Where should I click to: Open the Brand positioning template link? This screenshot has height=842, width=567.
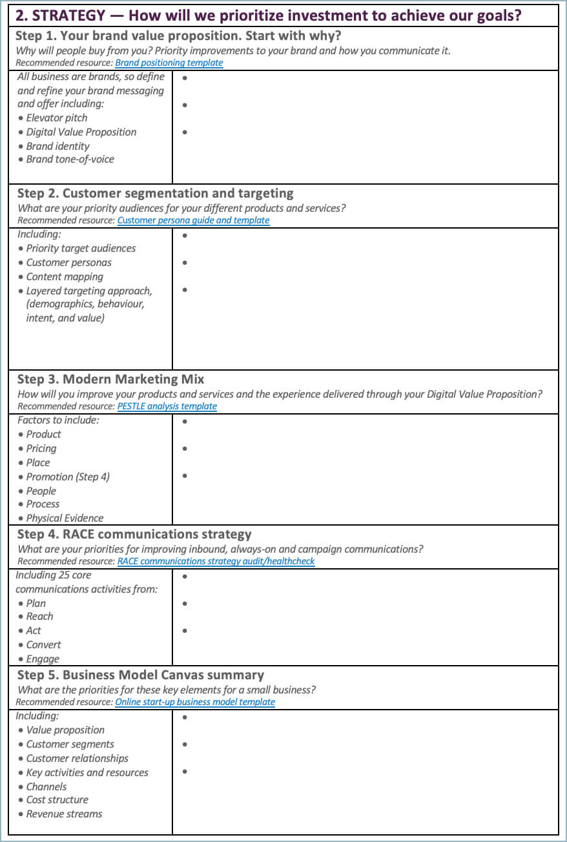169,63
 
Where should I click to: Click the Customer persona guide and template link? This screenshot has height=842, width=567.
193,220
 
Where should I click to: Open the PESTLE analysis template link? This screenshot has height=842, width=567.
167,406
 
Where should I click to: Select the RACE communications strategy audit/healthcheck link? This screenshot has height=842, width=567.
216,561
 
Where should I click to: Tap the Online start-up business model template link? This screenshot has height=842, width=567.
194,702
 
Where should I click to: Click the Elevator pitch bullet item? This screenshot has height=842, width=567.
56,118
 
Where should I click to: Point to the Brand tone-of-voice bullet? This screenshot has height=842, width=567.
70,159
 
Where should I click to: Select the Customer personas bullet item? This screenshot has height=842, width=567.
68,262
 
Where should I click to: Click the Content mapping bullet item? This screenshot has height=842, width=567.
65,276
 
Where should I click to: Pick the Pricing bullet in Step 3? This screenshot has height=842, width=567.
41,448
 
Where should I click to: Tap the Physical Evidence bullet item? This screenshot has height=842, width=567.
65,518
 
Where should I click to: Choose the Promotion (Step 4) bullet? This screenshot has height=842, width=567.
68,477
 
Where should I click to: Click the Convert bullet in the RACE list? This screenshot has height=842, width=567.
43,644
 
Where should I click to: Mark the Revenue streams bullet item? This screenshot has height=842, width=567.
64,814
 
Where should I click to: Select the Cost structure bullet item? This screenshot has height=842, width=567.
57,799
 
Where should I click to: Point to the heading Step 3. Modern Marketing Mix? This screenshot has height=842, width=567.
110,379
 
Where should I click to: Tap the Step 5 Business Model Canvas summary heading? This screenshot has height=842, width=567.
140,675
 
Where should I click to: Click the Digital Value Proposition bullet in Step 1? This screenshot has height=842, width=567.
81,132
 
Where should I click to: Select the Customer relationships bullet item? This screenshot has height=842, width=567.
77,758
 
